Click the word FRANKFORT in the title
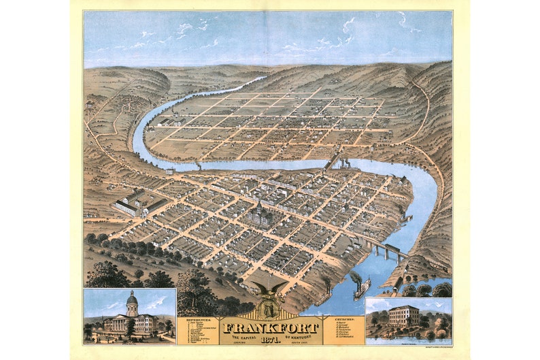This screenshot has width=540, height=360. click(x=271, y=327)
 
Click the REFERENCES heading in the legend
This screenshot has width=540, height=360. click(x=197, y=318)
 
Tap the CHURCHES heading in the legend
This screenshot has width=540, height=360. click(x=344, y=318)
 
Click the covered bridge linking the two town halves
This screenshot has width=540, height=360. click(x=331, y=163)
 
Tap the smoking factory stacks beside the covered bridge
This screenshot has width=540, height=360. click(x=347, y=163)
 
